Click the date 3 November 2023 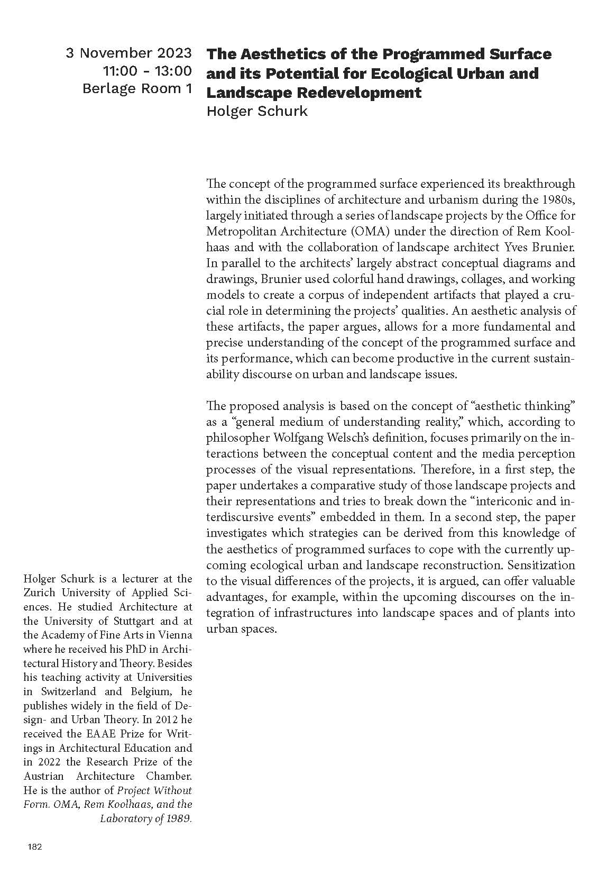coord(128,53)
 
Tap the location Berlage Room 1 coord(137,88)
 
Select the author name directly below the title coord(256,111)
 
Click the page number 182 coord(34,847)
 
